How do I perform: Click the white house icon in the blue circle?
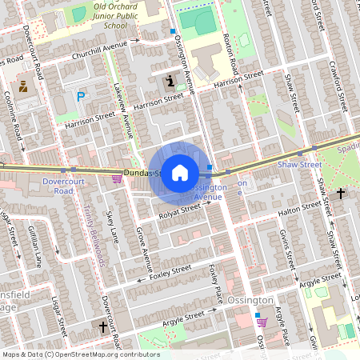click(x=180, y=173)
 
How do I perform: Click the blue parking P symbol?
click(x=80, y=97)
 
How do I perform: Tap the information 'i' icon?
click(x=170, y=81)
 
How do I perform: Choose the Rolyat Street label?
click(x=178, y=209)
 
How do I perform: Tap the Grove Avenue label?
click(x=144, y=248)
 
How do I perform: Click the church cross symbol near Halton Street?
click(x=341, y=194)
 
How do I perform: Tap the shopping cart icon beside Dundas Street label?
click(x=117, y=178)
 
